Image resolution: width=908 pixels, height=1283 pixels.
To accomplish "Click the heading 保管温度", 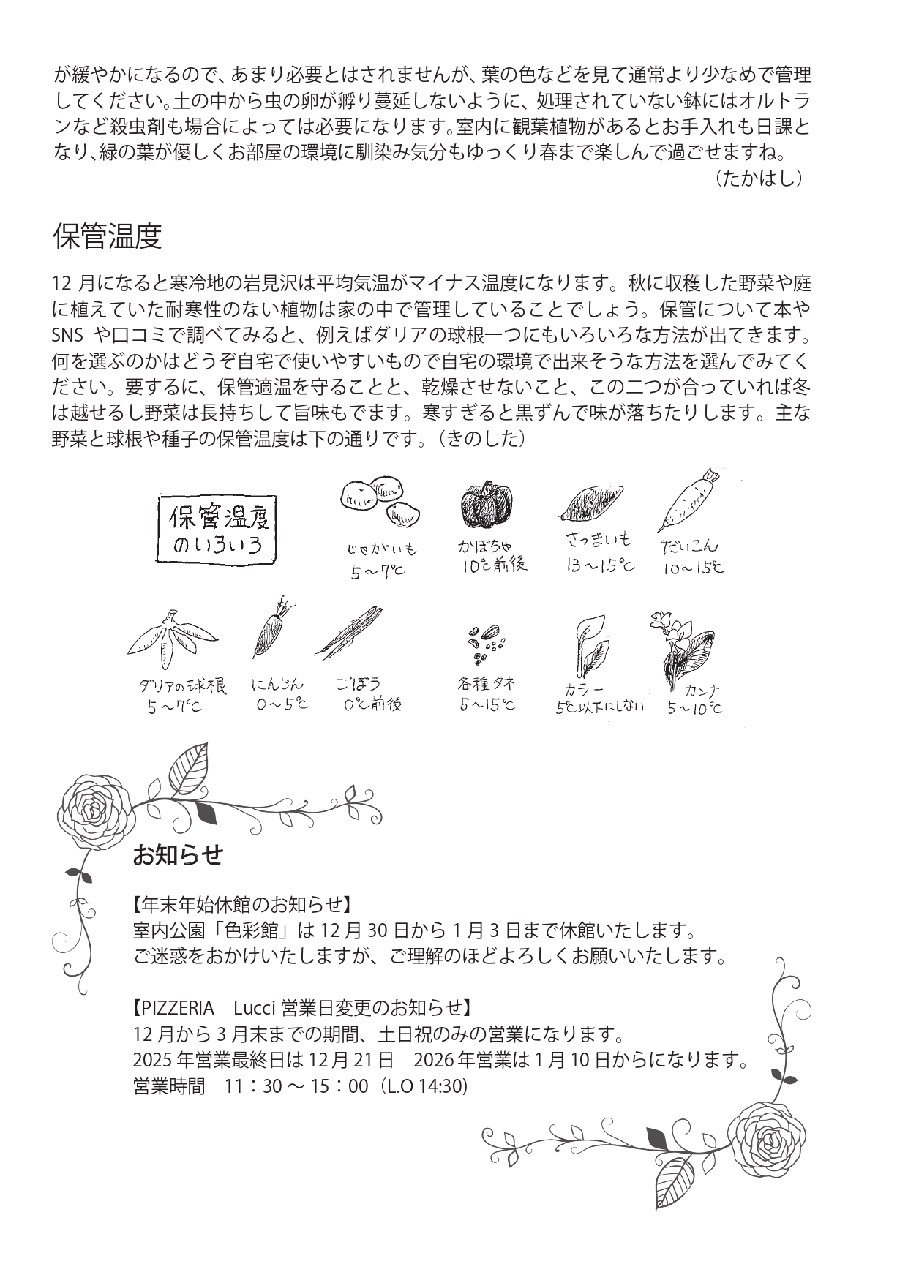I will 107,236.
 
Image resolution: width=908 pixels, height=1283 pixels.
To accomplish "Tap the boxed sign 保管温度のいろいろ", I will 218,531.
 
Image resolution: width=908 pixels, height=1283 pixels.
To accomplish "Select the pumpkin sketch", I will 487,506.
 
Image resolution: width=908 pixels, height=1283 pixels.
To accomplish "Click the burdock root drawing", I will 350,632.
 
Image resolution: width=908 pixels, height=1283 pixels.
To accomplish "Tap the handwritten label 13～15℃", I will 600,565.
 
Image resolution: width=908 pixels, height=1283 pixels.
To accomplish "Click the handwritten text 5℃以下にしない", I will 599,707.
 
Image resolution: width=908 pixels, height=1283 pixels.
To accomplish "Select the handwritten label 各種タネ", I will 487,684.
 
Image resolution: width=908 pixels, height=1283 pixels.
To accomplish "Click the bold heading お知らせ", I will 177,854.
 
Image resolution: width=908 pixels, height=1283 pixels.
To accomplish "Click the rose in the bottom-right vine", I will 769,1143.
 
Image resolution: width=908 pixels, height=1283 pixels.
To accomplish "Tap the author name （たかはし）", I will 761,178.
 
